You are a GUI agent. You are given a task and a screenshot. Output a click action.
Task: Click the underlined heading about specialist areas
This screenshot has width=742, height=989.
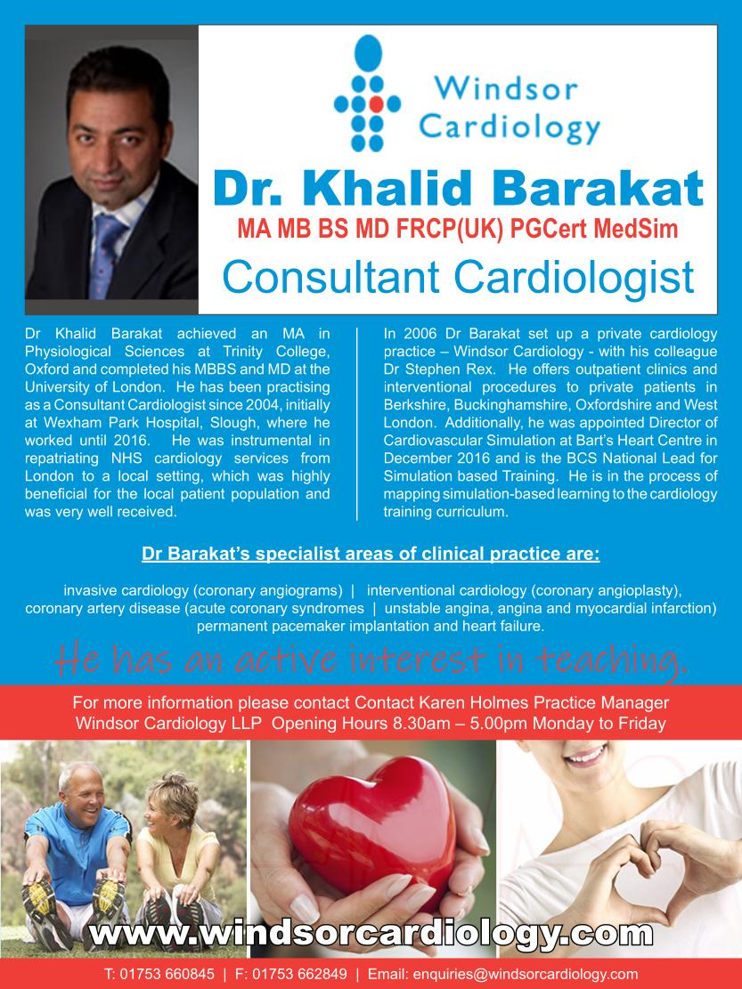click(371, 555)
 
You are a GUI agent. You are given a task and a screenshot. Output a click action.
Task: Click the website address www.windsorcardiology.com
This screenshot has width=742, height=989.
click(371, 934)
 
